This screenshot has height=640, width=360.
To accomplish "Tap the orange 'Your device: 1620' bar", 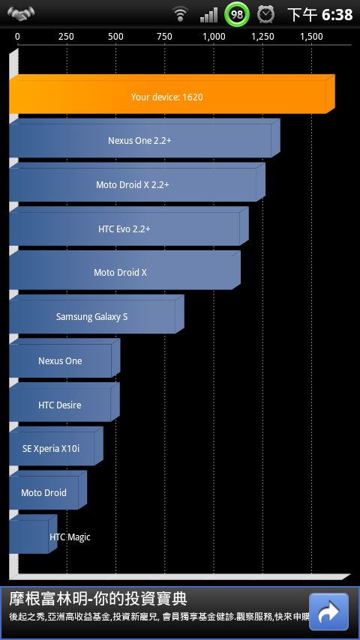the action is coord(172,94).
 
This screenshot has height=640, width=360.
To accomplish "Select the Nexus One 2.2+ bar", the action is coord(144,139).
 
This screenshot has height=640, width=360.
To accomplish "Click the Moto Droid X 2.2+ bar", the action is coord(137,182).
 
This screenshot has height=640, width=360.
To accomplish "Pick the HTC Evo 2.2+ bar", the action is coord(129,226).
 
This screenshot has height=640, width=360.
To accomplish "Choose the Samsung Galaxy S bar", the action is coord(97,314).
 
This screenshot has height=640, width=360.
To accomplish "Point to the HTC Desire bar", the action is coord(64,402).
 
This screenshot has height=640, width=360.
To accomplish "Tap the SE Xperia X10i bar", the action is coord(56,447).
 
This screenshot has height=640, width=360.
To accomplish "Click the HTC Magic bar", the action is coord(33,534).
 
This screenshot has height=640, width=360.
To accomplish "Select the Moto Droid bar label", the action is coord(43,492).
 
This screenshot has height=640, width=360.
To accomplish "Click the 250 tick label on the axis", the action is coord(66,37).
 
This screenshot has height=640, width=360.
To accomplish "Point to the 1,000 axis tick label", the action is coord(214,37).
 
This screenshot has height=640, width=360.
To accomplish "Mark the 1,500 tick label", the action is coord(312,37).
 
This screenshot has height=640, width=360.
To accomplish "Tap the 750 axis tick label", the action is coord(164,37).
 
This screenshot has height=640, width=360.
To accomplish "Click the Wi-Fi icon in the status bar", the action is coord(179,15).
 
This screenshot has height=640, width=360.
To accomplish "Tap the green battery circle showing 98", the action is coord(236,14).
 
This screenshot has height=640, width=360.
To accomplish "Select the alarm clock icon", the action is coord(265,14).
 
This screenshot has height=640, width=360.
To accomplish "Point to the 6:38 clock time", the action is coord(337,15).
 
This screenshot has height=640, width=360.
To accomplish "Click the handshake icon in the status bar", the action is coord(20,13).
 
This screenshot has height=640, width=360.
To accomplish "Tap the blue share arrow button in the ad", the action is coord(328,612).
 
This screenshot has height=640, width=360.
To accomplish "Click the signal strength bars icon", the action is coord(208,16).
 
